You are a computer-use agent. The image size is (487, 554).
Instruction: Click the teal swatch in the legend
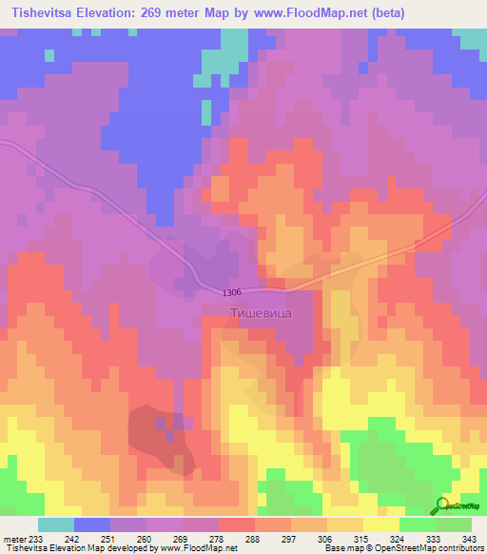pyautogui.click(x=56, y=524)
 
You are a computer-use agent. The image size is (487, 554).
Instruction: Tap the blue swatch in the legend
pyautogui.click(x=92, y=524)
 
